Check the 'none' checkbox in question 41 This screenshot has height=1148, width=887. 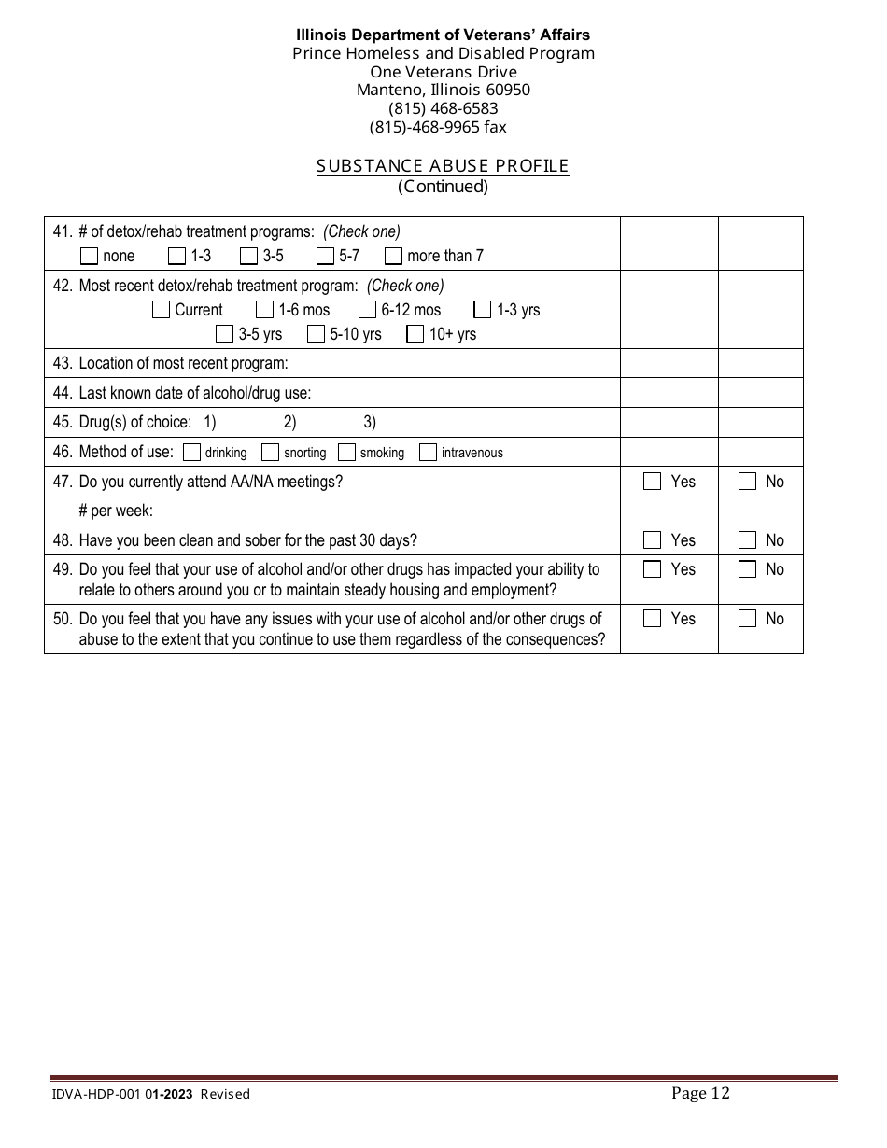click(x=90, y=256)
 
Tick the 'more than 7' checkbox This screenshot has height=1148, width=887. click(x=393, y=256)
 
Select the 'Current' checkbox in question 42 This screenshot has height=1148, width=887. click(x=161, y=310)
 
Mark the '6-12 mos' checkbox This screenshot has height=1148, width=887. click(x=367, y=310)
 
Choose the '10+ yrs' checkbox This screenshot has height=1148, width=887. click(x=415, y=334)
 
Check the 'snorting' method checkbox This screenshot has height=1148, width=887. click(x=270, y=453)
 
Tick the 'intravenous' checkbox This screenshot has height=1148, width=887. click(x=428, y=453)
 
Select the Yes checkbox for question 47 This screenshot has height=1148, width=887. click(x=652, y=482)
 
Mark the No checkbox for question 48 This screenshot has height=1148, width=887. click(x=747, y=540)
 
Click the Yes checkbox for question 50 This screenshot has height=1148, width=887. click(x=652, y=619)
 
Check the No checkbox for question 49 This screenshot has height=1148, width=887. click(x=747, y=569)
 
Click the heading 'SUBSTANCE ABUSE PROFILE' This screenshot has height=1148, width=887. click(x=443, y=166)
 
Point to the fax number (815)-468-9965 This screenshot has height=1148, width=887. click(x=438, y=127)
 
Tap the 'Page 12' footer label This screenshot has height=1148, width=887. click(x=700, y=1093)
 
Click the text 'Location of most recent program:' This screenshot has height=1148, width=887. click(x=183, y=363)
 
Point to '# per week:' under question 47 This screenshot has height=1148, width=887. click(x=116, y=511)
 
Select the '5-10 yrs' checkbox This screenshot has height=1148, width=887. click(x=316, y=334)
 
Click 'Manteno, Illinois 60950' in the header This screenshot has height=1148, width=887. click(x=443, y=91)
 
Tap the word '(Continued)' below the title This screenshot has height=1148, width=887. click(x=443, y=187)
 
